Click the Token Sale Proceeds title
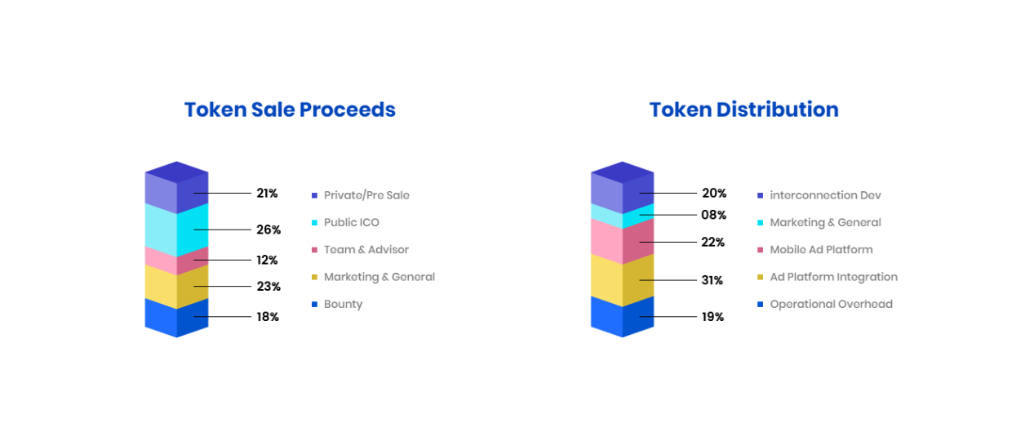point(290,110)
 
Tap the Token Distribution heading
point(744,110)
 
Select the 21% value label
point(267,194)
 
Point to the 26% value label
point(268,230)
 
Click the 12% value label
point(267,260)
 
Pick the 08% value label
point(714,215)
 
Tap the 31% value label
point(712,280)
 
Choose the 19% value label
point(712,317)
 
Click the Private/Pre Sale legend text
point(366,195)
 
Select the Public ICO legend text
point(352,222)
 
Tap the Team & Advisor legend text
point(366,249)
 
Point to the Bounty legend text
point(344,305)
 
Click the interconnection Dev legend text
point(825,195)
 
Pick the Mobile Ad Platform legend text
point(821,249)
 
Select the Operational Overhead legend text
point(831,305)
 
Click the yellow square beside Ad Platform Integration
point(760,277)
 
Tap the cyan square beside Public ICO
point(314,222)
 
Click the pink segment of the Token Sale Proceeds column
point(176,261)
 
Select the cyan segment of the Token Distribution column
point(623,216)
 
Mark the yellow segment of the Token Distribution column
point(623,280)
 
